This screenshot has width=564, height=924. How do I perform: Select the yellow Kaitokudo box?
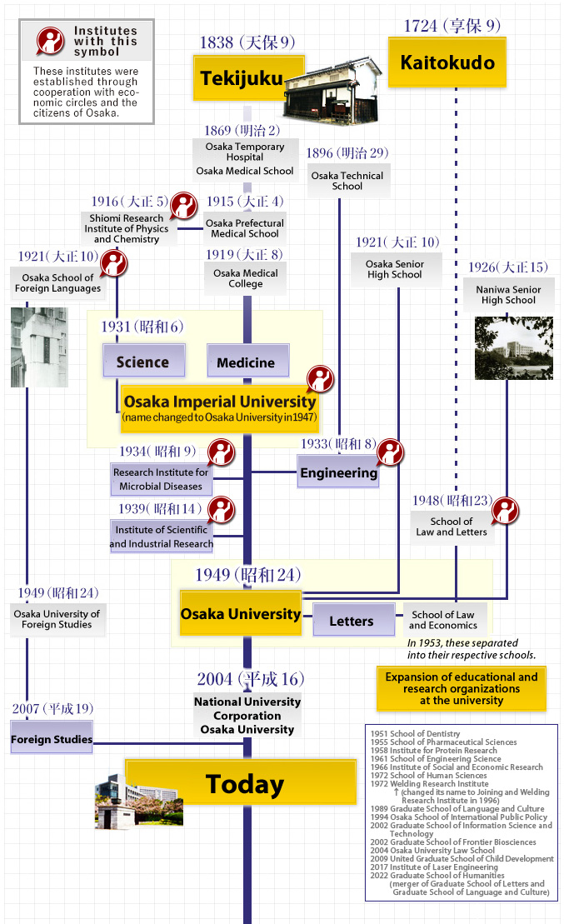(x=447, y=63)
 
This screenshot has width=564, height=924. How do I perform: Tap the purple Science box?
(x=142, y=362)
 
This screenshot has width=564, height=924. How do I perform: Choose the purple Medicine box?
(x=246, y=362)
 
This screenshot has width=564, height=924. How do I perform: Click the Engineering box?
(x=339, y=472)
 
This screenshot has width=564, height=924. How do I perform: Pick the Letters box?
(x=352, y=622)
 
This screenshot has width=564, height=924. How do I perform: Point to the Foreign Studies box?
(x=52, y=739)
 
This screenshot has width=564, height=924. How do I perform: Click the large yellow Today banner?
(x=245, y=784)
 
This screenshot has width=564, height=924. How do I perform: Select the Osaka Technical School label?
(x=347, y=181)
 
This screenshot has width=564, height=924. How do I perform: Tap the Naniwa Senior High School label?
(x=508, y=295)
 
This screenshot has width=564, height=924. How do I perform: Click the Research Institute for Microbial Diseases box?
(x=161, y=479)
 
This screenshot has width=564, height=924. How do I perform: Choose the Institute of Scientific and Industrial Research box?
(x=162, y=537)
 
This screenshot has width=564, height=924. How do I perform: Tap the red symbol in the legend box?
(x=50, y=41)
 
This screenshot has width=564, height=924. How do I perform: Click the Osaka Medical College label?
(x=246, y=278)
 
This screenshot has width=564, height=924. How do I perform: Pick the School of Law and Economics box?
(x=442, y=620)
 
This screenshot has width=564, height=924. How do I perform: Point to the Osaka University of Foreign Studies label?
(x=57, y=619)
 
